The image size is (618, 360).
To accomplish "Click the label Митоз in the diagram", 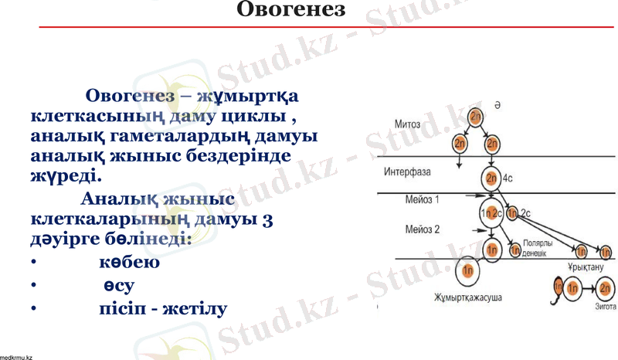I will (407, 123).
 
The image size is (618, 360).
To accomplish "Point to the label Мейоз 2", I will (422, 229).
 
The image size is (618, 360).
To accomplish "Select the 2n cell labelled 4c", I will (492, 178).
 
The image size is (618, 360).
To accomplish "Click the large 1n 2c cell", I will (492, 213).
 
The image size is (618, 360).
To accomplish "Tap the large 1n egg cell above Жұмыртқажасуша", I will (467, 270).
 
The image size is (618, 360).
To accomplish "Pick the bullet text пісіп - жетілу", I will (163, 310).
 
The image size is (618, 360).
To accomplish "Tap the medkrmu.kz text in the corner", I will (16, 356).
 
